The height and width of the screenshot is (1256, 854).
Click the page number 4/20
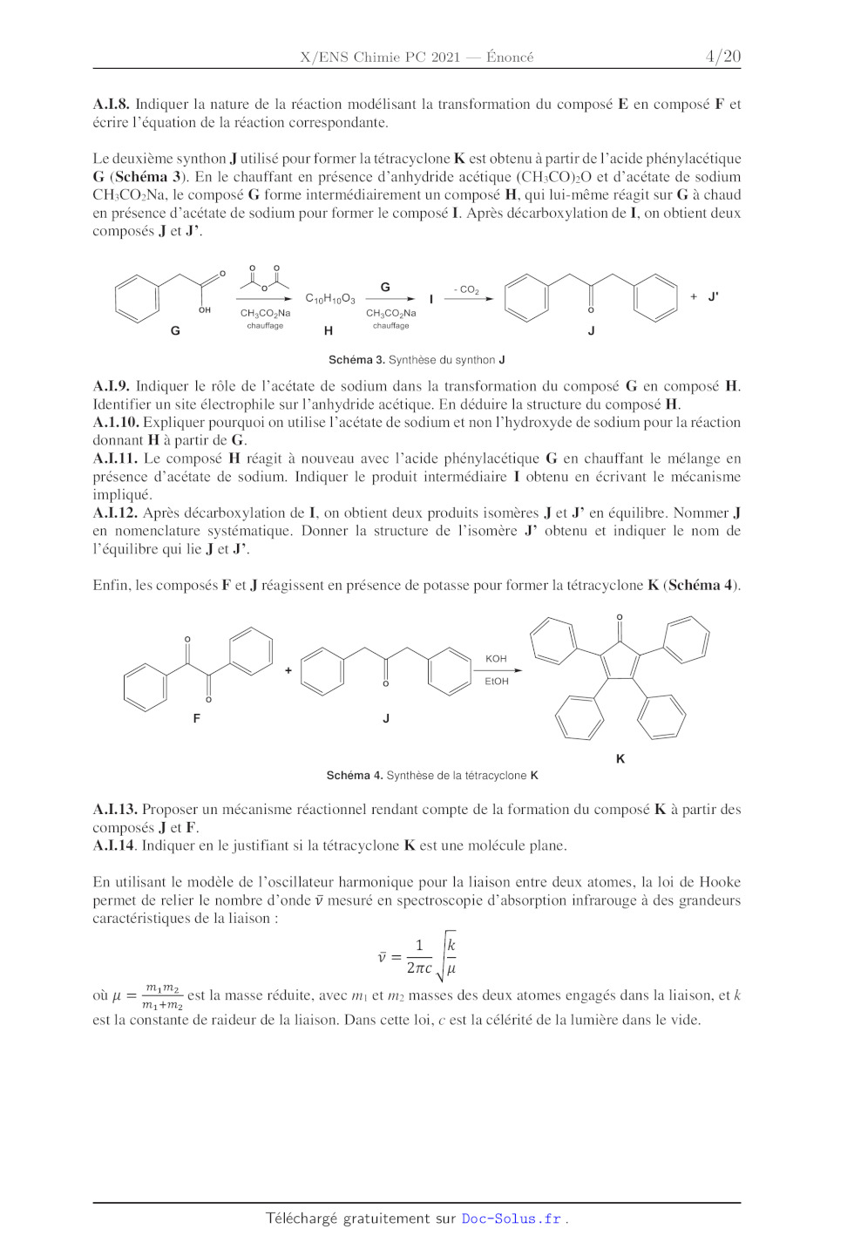coord(722,57)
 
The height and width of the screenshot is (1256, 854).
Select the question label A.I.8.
coord(111,105)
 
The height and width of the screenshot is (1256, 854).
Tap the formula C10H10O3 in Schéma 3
coord(330,299)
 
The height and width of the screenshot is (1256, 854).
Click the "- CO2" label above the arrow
coord(466,289)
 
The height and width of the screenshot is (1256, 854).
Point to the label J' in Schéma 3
coord(713,297)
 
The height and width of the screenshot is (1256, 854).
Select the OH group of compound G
coord(205,310)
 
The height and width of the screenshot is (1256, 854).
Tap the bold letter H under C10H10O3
coord(329,331)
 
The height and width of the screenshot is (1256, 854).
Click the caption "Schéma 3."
coord(356,360)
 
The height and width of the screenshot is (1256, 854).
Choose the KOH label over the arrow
coord(496,659)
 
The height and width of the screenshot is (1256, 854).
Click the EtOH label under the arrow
coord(497,682)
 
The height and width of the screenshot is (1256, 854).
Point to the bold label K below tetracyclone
coord(620,759)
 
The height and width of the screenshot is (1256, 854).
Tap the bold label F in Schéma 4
coord(197,718)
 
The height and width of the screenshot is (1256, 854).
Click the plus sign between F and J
coord(288,671)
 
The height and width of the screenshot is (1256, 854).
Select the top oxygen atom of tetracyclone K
coord(620,617)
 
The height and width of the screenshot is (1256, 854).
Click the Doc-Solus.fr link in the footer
coord(512,1219)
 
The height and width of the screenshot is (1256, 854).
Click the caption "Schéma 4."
coord(355,776)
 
